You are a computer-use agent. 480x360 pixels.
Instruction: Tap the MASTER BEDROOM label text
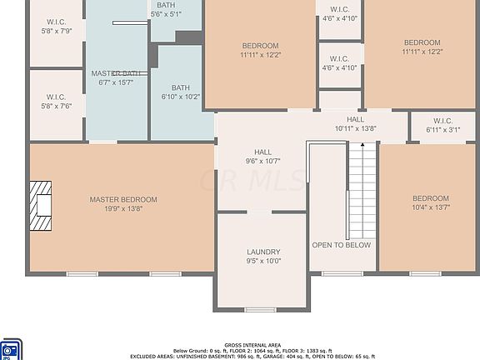(x=123, y=200)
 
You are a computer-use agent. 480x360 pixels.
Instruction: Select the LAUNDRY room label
(x=263, y=252)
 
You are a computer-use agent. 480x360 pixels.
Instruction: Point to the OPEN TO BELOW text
(x=342, y=246)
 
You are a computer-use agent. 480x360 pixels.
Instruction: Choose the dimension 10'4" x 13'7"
(x=431, y=207)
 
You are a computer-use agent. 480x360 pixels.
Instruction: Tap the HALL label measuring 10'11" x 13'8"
(x=356, y=120)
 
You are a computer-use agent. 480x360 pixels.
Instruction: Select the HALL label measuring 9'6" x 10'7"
(x=263, y=152)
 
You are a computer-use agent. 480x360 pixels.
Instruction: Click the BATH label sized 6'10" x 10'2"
(x=181, y=87)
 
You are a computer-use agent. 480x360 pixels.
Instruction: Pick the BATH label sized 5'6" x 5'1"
(x=166, y=5)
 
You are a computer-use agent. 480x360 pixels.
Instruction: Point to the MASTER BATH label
(x=117, y=73)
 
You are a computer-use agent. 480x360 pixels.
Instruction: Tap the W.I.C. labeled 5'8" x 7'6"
(x=57, y=97)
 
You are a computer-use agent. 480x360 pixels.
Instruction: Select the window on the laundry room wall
(x=260, y=310)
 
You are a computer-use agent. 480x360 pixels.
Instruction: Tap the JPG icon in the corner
(x=10, y=349)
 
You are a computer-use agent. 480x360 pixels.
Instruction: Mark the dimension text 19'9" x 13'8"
(x=123, y=209)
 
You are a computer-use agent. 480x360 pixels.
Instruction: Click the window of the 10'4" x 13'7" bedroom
(x=425, y=273)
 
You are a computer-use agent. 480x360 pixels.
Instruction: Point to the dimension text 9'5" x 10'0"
(x=263, y=261)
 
